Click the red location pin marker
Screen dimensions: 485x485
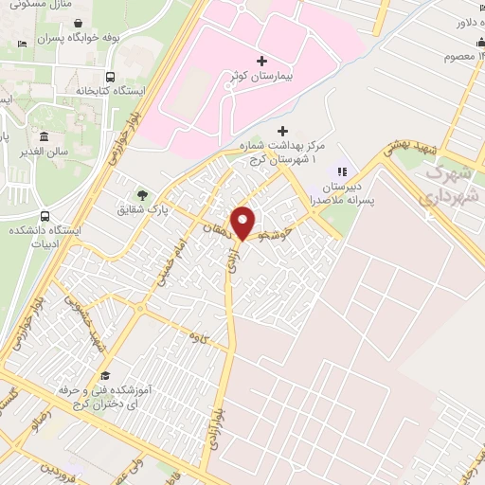243,222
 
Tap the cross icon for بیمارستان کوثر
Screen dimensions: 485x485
262,61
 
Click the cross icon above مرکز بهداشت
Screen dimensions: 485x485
281,131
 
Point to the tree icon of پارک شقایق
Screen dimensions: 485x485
142,195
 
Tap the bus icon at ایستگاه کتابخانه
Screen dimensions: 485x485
111,78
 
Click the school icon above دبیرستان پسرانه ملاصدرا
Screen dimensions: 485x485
343,171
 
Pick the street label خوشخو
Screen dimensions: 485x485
290,226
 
